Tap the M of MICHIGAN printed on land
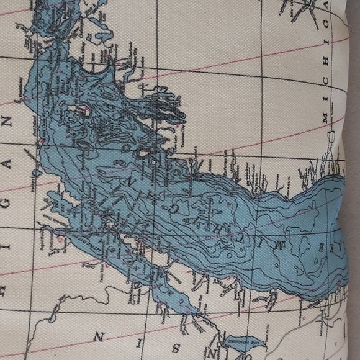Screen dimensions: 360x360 (x=324, y=117)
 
